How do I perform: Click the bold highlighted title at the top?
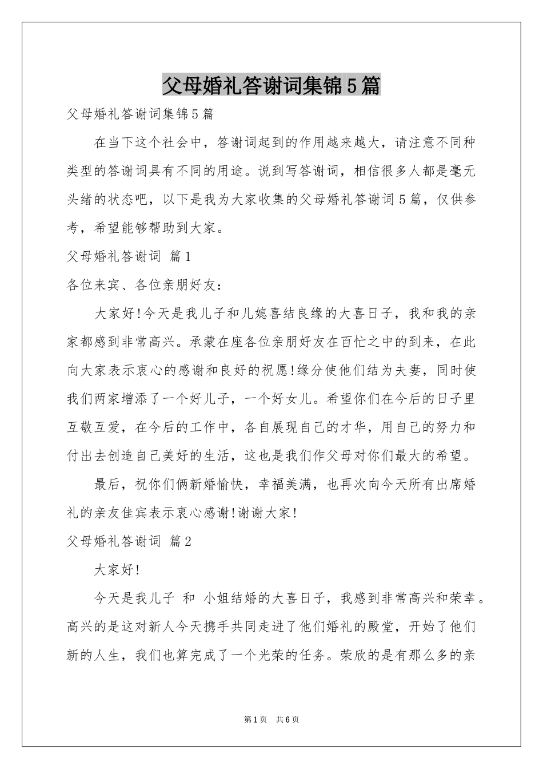point(271,86)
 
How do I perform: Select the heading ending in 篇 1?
point(129,256)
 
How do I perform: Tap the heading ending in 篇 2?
point(129,541)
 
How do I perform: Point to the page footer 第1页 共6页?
point(271,719)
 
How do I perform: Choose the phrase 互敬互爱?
point(94,427)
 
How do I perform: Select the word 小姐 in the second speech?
point(216,598)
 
